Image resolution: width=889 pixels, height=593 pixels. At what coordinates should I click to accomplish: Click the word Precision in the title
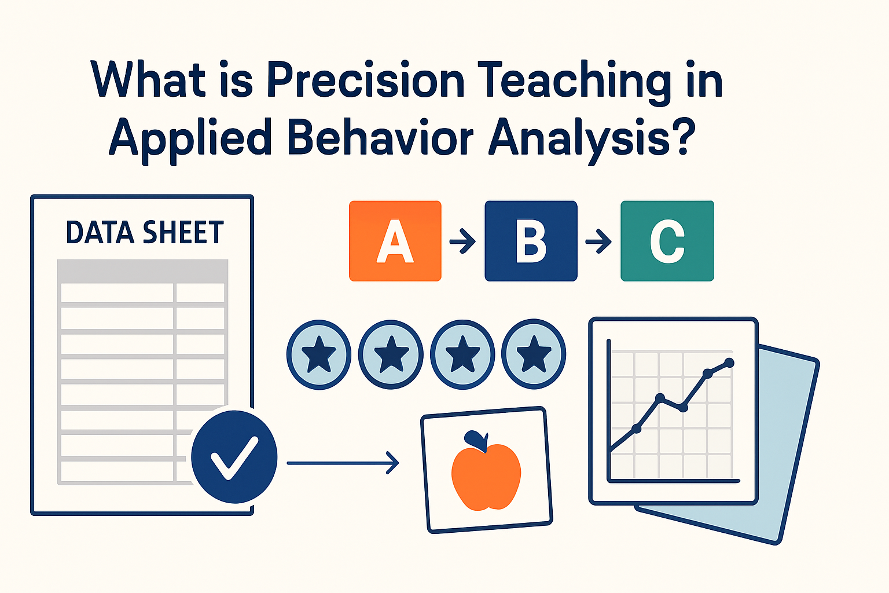[366, 80]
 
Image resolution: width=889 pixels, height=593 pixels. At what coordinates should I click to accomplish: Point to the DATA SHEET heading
[144, 233]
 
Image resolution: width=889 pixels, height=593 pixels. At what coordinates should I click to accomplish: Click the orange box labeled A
[395, 241]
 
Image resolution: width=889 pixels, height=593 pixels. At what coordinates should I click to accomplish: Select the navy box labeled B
[531, 241]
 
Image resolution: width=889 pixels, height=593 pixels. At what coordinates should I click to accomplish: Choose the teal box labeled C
[667, 241]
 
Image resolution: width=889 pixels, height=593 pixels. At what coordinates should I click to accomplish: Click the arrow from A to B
[462, 241]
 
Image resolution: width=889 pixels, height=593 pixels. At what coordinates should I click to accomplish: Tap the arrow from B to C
[598, 241]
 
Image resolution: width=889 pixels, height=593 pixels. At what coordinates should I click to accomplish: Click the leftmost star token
[319, 354]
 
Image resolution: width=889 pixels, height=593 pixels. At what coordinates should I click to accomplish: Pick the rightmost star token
[533, 354]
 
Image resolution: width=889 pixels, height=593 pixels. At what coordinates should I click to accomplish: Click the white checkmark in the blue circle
[234, 457]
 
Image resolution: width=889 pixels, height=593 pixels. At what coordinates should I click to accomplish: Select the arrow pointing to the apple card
[343, 463]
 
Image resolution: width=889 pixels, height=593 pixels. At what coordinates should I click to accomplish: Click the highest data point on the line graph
[729, 363]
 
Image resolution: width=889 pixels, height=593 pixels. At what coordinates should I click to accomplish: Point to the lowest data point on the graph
[637, 429]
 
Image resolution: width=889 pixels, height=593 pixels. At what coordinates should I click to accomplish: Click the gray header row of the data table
[142, 271]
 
